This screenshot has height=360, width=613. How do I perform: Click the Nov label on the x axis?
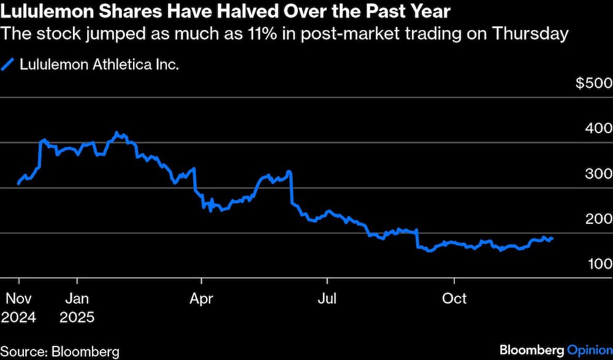click(18, 299)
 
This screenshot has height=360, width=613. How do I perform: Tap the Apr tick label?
click(201, 299)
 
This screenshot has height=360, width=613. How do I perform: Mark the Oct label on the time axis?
click(454, 299)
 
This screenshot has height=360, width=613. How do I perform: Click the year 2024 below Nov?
click(18, 318)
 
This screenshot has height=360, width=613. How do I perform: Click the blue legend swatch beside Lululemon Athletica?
click(8, 64)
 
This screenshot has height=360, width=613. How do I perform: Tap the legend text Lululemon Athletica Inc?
click(100, 64)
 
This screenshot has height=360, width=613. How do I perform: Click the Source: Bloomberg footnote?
click(60, 351)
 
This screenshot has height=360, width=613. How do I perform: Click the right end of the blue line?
click(552, 239)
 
